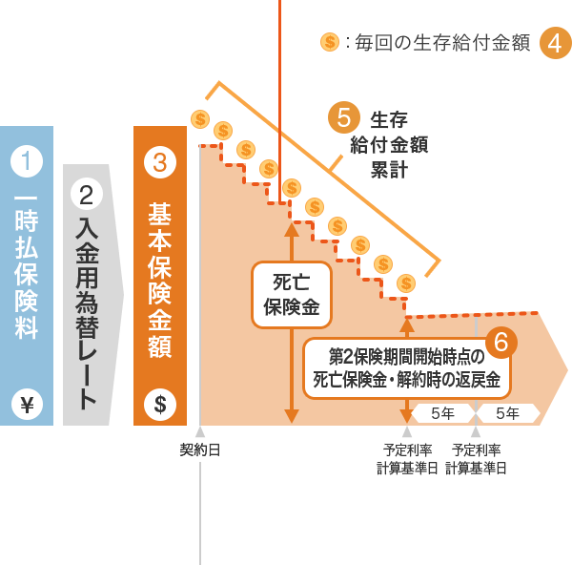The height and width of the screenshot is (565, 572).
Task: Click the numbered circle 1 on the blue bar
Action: pos(27,159)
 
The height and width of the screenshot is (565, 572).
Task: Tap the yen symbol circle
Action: pos(27,406)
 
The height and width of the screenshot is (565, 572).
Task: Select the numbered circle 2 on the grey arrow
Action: pos(87,195)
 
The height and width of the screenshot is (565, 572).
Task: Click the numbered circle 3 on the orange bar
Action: pos(160,161)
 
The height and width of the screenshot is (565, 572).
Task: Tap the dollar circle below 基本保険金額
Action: pos(160,405)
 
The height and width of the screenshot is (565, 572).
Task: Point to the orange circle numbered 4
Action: pos(556,43)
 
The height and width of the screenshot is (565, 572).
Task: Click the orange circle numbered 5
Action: pos(344,117)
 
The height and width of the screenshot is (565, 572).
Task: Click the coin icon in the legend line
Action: pos(330,42)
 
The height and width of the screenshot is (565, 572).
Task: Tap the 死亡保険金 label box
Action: pos(292,295)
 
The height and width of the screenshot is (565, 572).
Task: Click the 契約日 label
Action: pos(200,450)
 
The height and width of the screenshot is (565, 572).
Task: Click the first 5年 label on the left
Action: pos(442,413)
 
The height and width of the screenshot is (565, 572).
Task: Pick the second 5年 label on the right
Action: pos(507,413)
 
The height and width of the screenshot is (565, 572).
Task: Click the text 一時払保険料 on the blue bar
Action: pos(27,266)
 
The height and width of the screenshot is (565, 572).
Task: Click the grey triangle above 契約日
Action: pos(200,431)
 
